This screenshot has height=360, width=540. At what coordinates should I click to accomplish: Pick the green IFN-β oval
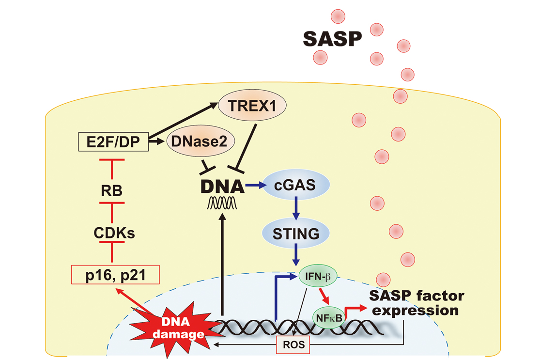tap(318, 277)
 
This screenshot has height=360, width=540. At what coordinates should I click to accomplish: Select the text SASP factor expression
tap(416, 303)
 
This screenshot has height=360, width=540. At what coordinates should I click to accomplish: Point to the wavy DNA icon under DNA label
tap(221, 204)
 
